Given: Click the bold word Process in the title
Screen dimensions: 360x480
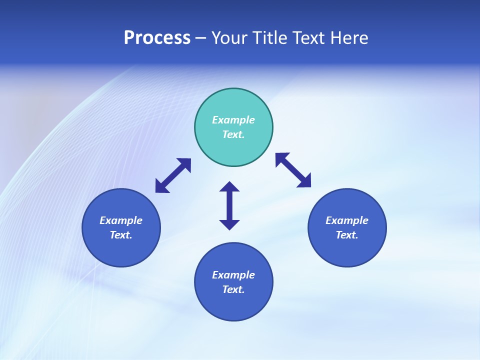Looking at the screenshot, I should click(157, 38).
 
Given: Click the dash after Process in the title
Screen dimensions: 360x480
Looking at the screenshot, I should click(200, 38).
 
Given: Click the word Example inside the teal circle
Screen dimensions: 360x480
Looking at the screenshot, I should click(233, 120).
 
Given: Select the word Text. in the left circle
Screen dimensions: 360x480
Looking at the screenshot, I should click(121, 235).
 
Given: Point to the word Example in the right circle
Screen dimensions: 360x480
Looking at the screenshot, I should click(347, 220).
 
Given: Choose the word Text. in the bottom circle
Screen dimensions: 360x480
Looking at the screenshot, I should click(233, 289).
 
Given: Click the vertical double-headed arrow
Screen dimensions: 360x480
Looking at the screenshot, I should click(229, 205).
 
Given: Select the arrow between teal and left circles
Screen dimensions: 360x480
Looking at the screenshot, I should click(173, 175).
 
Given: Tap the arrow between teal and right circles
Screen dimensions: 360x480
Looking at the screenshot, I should click(293, 170).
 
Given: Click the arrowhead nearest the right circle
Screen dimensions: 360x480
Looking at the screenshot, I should click(304, 181).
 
